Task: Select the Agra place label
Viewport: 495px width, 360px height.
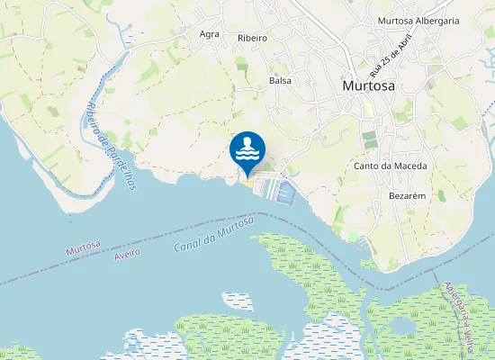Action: pyautogui.click(x=210, y=34)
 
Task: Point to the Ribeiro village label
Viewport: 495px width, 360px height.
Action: pyautogui.click(x=253, y=38)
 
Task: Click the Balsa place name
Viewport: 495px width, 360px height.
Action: pyautogui.click(x=280, y=80)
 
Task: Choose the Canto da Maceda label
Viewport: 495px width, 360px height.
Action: pyautogui.click(x=390, y=166)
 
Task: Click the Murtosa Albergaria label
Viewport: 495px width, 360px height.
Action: pyautogui.click(x=418, y=20)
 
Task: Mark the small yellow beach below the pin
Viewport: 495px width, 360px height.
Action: pyautogui.click(x=247, y=183)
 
